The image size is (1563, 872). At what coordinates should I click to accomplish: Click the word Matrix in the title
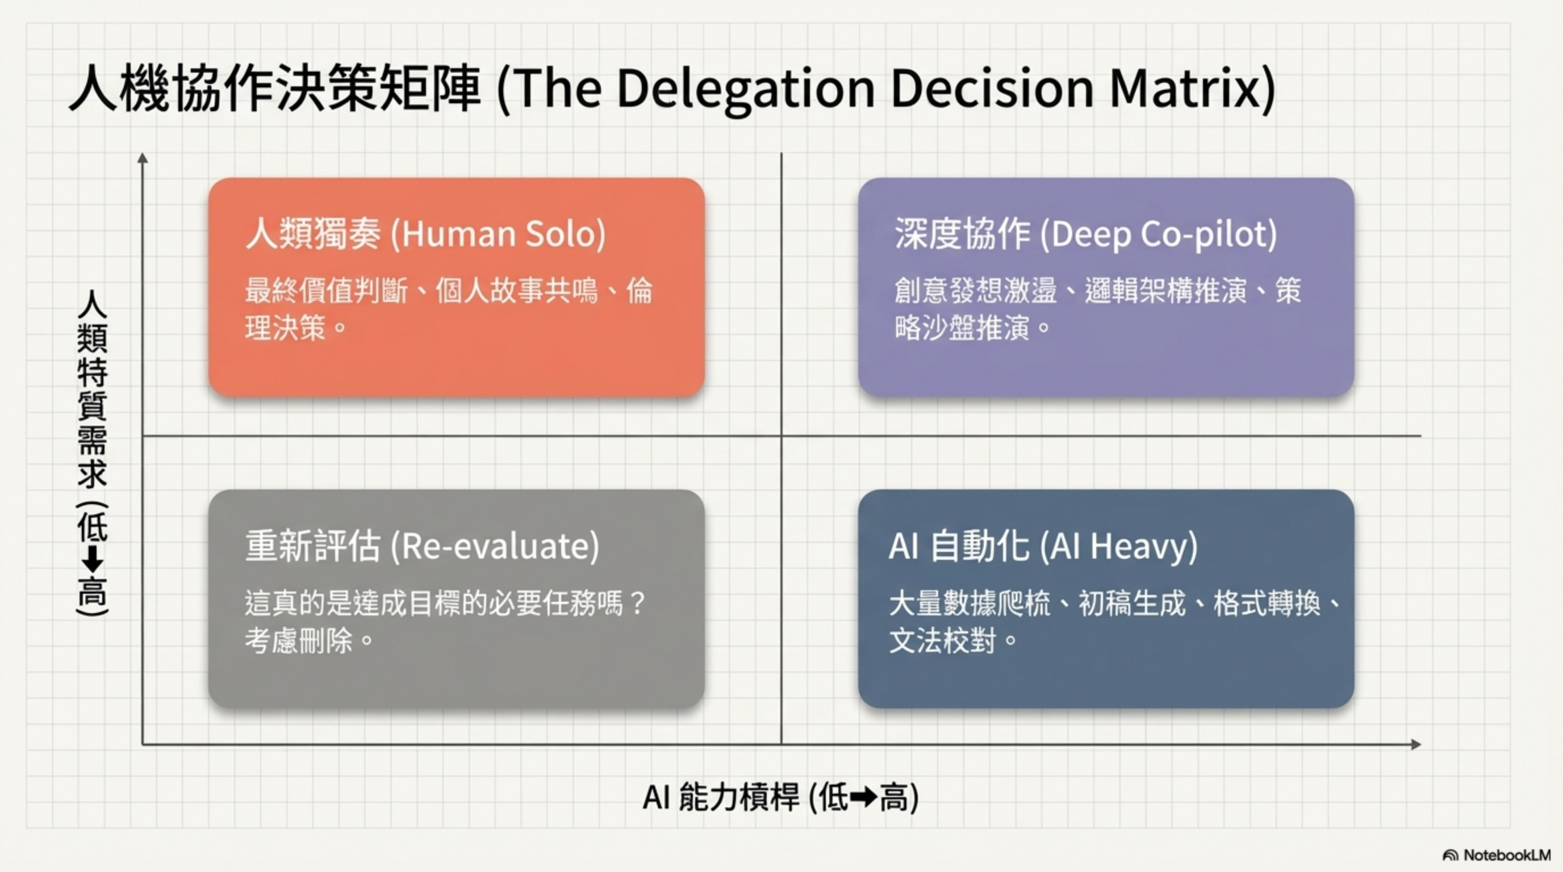click(1186, 89)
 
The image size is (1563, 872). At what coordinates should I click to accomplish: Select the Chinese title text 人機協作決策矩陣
click(275, 89)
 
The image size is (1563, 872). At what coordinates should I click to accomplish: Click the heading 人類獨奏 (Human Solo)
click(425, 233)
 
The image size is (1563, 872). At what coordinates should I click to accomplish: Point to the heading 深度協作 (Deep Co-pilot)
click(1085, 233)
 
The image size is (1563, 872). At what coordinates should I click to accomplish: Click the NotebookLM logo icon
click(1450, 855)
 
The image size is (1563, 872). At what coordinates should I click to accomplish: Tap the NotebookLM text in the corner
click(1507, 855)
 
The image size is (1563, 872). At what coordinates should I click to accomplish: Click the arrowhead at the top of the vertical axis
click(143, 158)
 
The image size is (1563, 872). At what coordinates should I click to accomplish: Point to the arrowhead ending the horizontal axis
click(1416, 744)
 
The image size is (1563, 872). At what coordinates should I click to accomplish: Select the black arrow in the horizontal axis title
click(863, 797)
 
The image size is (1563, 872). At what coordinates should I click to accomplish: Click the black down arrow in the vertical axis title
click(92, 559)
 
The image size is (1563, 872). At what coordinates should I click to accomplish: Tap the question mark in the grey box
click(637, 603)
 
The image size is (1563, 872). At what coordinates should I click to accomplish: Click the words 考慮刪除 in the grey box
click(299, 640)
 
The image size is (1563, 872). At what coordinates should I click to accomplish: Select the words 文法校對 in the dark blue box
click(942, 640)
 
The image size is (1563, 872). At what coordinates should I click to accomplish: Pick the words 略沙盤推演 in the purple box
click(962, 328)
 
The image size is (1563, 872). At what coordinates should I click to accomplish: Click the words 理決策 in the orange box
click(286, 328)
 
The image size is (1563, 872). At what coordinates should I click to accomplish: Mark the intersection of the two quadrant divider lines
click(781, 435)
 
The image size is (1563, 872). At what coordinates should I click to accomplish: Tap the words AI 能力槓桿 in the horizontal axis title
click(721, 797)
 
